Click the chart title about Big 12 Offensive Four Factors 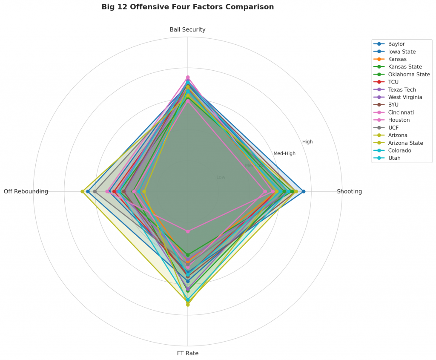(x=187, y=7)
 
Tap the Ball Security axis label (x=187, y=30)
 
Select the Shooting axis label (x=349, y=192)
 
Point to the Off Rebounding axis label (x=26, y=192)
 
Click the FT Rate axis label (x=187, y=353)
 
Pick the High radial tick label (x=307, y=142)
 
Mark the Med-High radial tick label (x=284, y=153)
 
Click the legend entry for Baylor (x=396, y=44)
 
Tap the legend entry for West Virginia (x=405, y=97)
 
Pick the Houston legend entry (x=399, y=120)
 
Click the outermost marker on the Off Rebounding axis (x=82, y=191)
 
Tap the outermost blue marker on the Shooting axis (x=303, y=191)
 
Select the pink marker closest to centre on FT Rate (x=187, y=231)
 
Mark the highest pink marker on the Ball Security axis (x=187, y=77)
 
